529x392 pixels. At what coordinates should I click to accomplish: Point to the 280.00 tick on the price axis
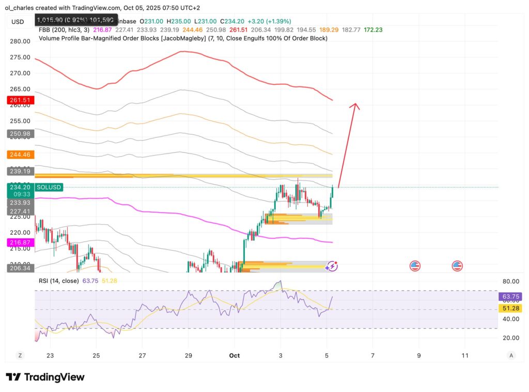19,41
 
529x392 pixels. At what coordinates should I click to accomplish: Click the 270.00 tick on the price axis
19,73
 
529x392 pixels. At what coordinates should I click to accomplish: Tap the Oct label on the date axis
234,355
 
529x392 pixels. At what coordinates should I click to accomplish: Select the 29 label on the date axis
188,355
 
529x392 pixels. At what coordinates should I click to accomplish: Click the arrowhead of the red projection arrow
354,105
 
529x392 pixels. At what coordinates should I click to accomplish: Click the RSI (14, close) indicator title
58,281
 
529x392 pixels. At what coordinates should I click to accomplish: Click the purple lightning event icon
333,266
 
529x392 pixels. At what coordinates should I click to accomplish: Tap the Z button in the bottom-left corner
20,355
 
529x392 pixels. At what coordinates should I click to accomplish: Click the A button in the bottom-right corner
511,355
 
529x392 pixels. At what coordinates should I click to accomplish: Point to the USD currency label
18,21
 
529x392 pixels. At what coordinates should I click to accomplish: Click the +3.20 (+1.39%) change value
270,21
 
